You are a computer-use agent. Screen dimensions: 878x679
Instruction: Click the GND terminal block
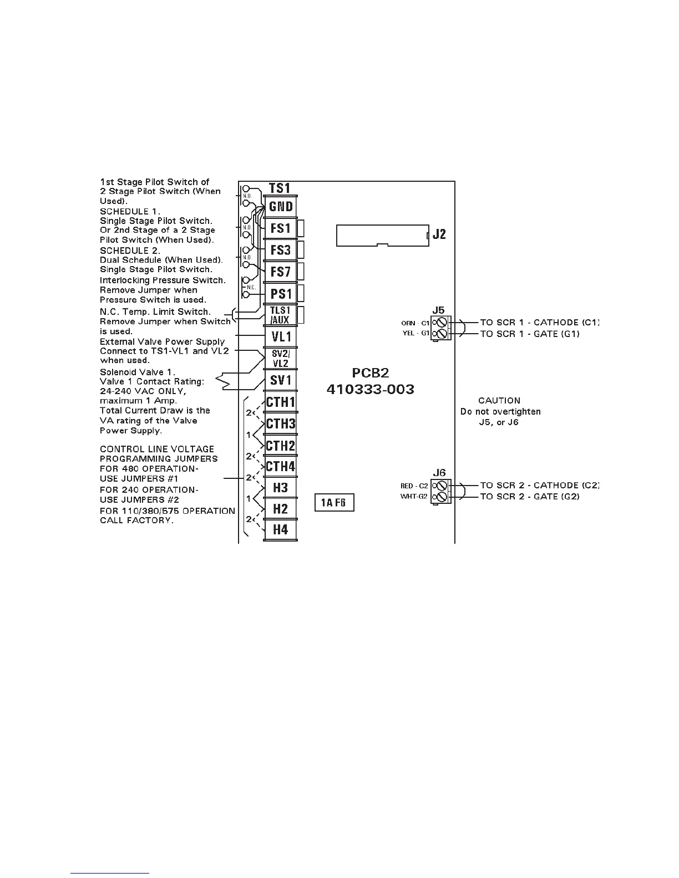pyautogui.click(x=281, y=207)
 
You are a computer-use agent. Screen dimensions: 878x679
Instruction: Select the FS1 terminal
pyautogui.click(x=281, y=228)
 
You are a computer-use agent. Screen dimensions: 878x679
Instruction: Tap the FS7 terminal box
pyautogui.click(x=281, y=272)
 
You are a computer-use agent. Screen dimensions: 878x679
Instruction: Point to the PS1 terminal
pyautogui.click(x=281, y=294)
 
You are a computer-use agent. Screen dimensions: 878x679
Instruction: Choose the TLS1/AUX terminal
pyautogui.click(x=281, y=315)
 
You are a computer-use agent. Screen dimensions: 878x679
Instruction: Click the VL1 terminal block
pyautogui.click(x=281, y=337)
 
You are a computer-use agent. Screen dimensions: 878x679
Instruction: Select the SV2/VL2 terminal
pyautogui.click(x=281, y=359)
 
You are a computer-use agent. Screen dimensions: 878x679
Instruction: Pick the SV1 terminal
pyautogui.click(x=281, y=380)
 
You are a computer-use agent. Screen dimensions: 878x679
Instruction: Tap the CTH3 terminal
pyautogui.click(x=281, y=424)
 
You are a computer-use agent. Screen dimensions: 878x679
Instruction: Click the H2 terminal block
pyautogui.click(x=281, y=509)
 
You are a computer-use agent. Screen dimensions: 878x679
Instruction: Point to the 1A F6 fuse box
pyautogui.click(x=334, y=503)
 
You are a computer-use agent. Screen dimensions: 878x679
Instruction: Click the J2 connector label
pyautogui.click(x=439, y=234)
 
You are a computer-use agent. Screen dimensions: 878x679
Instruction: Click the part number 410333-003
pyautogui.click(x=370, y=390)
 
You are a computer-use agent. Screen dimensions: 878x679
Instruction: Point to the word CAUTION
pyautogui.click(x=499, y=400)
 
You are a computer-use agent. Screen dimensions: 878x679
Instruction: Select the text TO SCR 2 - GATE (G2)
pyautogui.click(x=530, y=497)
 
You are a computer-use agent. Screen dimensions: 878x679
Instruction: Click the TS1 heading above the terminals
pyautogui.click(x=280, y=188)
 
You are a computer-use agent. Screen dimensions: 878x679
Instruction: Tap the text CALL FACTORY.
pyautogui.click(x=136, y=520)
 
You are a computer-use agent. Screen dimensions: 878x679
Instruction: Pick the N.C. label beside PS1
pyautogui.click(x=251, y=287)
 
